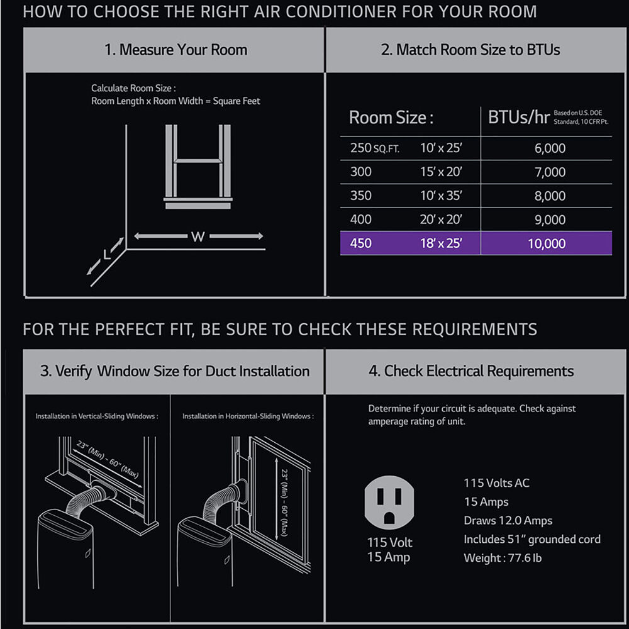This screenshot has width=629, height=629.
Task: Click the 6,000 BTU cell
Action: (x=550, y=148)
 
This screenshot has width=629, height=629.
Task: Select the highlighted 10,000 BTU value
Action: (x=547, y=243)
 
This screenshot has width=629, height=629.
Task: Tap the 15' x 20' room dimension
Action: (x=441, y=172)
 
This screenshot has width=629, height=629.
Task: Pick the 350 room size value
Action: (x=360, y=196)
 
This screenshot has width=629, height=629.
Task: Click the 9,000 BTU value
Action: (x=550, y=220)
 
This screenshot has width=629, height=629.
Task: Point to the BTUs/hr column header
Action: (x=519, y=117)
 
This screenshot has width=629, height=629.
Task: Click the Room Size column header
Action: (x=391, y=118)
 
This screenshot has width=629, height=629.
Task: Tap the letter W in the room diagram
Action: (x=198, y=237)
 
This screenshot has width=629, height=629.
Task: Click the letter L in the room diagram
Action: (x=107, y=254)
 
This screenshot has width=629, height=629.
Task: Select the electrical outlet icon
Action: (x=389, y=503)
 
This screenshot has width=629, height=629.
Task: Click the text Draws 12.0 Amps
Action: (x=508, y=520)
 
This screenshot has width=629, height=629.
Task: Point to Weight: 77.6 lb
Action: (x=503, y=557)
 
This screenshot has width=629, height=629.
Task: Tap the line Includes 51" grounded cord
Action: (x=532, y=539)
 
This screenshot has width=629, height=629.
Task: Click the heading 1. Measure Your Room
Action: (x=175, y=50)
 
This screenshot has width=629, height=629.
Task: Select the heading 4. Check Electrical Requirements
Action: (x=471, y=371)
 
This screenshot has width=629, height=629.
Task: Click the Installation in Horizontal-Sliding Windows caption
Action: (x=248, y=416)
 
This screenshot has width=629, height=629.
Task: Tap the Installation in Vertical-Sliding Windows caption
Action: (x=97, y=416)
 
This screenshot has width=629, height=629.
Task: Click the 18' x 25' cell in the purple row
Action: (x=441, y=243)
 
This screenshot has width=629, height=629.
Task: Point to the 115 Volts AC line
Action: (x=497, y=482)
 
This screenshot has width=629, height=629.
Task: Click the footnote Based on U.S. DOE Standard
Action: (x=581, y=117)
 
